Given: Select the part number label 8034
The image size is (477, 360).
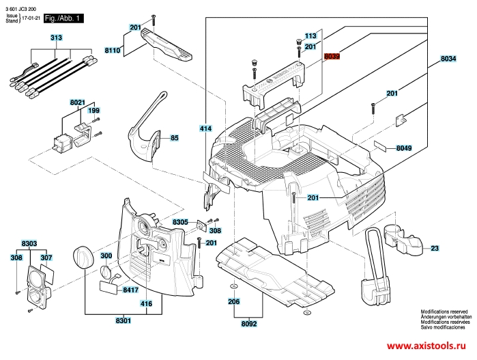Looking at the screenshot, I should pos(448,59).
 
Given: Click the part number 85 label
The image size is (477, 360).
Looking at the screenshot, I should pos(174,138).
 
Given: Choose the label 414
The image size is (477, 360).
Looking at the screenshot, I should pos(205,128).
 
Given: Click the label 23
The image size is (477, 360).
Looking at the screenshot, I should pos(434,248).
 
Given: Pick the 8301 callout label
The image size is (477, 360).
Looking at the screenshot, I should pos(124,320).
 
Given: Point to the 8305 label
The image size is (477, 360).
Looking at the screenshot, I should pos(180,223).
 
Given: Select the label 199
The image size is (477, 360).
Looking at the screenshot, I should pos(93,111).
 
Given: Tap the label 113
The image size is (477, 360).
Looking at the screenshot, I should pos(310,36).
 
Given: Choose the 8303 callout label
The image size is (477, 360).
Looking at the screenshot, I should pos(29,243).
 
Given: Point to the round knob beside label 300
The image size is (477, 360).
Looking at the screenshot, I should pos(82,255).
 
